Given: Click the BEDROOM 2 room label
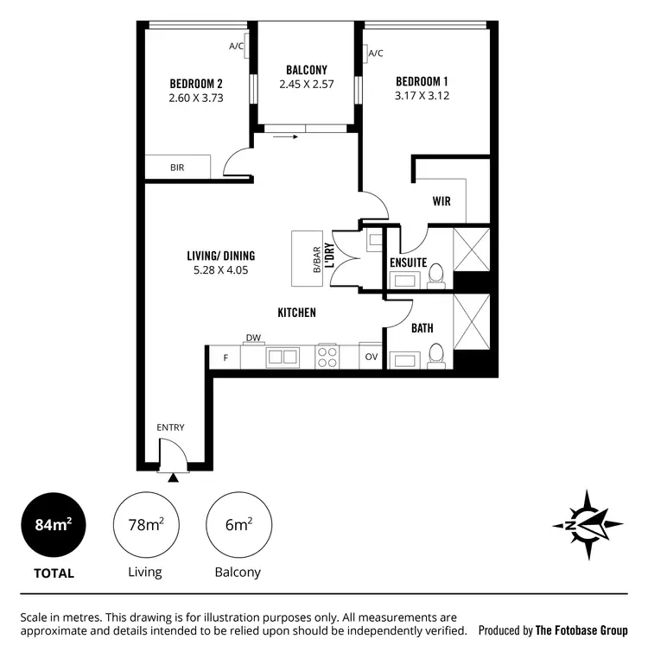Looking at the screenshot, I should coord(196,84).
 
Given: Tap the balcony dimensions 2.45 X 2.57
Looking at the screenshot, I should coord(306,85).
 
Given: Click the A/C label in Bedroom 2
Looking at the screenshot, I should coord(237,46).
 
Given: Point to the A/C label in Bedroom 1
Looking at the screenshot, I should coord(376,54).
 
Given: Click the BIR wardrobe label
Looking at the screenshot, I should coord(177,168).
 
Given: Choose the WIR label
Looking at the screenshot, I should coord(442,202).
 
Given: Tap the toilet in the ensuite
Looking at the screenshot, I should coord(437,275).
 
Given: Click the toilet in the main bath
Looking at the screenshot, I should coord(437,356).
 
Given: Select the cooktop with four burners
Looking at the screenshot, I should coord(327,357).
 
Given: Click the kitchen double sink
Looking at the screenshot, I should coord(283,357).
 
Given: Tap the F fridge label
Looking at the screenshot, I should coord(226,357).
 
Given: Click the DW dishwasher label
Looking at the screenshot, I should coord(253,338).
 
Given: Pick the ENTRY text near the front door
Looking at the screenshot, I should coord(170,427).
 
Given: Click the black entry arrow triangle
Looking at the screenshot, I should coord(175,477).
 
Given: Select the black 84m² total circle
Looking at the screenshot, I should coord(54,524).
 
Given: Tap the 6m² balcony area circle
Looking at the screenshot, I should coord(239,524).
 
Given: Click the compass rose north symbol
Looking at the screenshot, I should coord(588,525).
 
